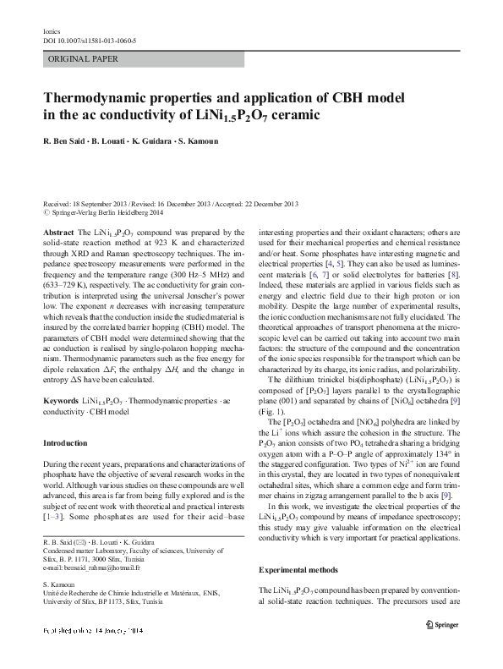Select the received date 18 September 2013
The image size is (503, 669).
click(x=101, y=205)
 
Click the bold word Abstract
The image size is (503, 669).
click(x=57, y=232)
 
